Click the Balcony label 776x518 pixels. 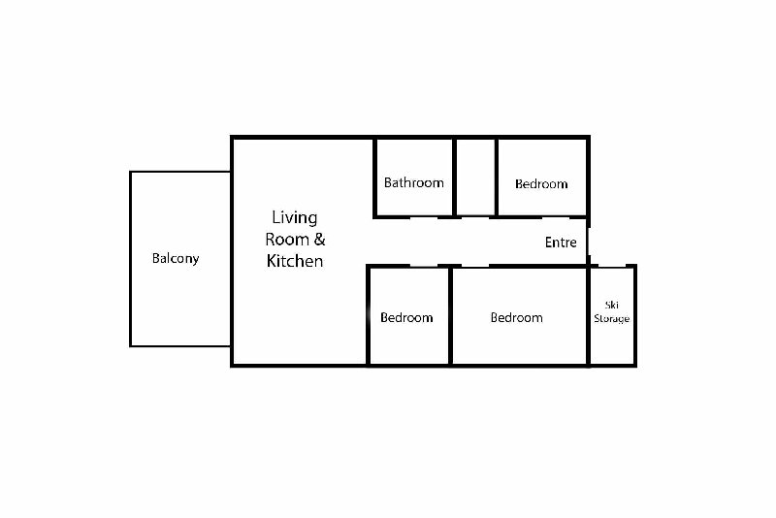[x=176, y=259]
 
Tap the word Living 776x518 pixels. [x=295, y=218]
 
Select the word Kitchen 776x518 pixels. [x=295, y=261]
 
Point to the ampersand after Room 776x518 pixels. [x=320, y=240]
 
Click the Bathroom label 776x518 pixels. [x=414, y=183]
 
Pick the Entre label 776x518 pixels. [x=561, y=243]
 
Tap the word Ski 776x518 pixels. [x=612, y=306]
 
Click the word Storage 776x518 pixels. [x=612, y=318]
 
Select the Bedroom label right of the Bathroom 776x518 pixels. [x=541, y=184]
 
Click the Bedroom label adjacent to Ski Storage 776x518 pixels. [x=517, y=317]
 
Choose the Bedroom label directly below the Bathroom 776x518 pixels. [x=406, y=317]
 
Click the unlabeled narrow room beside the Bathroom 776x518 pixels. [x=475, y=178]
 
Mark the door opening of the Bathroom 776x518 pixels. [x=424, y=216]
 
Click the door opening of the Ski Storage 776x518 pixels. [x=612, y=266]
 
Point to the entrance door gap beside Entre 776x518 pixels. [x=589, y=242]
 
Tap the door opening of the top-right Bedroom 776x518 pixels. [x=556, y=216]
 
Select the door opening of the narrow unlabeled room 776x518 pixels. [x=475, y=216]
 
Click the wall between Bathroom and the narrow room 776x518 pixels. [x=454, y=178]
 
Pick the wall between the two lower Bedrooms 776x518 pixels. [x=450, y=315]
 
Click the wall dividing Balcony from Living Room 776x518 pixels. [x=231, y=259]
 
